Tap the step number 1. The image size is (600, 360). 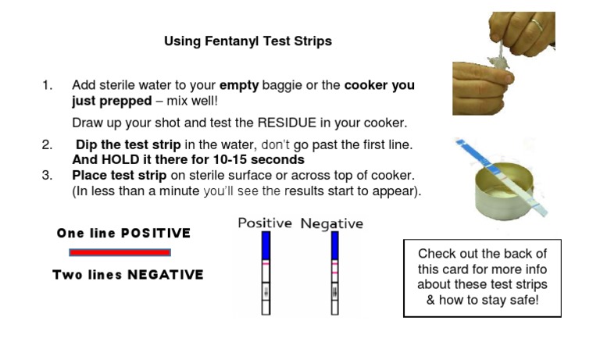[x=47, y=85]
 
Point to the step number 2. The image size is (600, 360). [x=47, y=145]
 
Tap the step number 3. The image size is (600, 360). [x=47, y=175]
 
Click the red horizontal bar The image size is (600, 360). [x=120, y=252]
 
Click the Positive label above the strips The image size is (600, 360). [x=265, y=223]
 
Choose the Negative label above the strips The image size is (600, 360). [x=332, y=223]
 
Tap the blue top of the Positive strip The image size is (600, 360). [x=266, y=246]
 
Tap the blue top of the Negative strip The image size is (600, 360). [x=335, y=246]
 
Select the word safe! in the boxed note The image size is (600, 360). [x=521, y=301]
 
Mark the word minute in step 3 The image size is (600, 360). [x=177, y=191]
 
